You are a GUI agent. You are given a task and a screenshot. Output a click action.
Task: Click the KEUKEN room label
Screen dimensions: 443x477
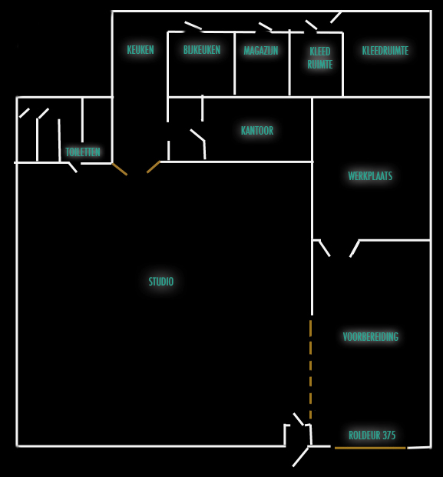141,49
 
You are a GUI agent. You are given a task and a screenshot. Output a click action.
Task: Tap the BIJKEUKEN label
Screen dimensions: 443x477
202,49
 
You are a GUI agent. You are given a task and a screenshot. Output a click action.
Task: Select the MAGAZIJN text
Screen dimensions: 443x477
261,51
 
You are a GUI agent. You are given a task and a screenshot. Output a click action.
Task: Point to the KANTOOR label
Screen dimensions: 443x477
257,131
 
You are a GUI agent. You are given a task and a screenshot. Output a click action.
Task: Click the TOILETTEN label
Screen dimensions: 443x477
83,152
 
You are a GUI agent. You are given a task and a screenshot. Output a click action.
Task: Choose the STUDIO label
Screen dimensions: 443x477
161,282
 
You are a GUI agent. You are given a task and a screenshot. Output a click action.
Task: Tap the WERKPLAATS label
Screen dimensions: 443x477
370,176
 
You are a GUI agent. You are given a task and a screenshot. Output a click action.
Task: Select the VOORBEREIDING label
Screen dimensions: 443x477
370,336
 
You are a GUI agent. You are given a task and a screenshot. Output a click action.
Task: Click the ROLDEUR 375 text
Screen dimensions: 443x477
372,435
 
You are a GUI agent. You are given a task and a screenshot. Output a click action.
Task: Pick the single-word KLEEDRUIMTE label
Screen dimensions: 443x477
385,50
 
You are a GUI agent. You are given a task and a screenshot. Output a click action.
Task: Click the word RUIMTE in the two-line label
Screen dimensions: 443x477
320,64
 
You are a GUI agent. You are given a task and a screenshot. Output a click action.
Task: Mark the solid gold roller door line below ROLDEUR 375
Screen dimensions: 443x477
370,448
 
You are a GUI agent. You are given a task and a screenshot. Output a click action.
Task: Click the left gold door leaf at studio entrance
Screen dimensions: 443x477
120,169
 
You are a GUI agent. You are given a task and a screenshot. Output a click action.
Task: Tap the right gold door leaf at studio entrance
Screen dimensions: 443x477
154,167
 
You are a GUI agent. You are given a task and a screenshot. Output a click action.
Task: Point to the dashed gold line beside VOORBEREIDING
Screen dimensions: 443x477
310,369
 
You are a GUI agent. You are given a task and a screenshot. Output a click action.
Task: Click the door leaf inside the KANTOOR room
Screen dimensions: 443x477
197,135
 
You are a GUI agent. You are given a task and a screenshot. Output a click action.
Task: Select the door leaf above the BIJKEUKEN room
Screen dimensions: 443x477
193,25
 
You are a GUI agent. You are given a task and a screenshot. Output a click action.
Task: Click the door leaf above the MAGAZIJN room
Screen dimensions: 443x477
265,26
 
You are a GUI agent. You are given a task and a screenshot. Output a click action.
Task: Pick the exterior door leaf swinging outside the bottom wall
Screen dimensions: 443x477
301,457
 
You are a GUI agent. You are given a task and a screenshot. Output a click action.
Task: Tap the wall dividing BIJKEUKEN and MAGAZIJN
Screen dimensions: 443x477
235,63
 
